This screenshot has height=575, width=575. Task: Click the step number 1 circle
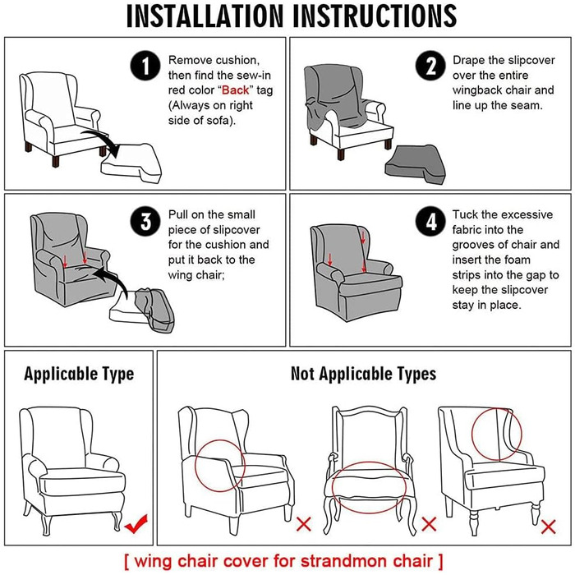[145, 66]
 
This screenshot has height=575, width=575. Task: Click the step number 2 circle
[430, 66]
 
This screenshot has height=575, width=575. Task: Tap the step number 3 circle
[145, 221]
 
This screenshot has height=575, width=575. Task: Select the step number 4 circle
[430, 221]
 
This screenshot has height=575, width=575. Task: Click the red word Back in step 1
[235, 90]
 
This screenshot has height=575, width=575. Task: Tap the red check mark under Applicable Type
[136, 524]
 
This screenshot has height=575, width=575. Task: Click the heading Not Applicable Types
[363, 374]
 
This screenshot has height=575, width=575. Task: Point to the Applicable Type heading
[79, 375]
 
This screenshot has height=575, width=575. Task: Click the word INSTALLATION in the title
[205, 16]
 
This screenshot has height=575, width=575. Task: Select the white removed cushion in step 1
[131, 164]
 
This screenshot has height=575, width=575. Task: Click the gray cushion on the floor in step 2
[416, 164]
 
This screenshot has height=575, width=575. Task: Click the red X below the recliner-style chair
[304, 524]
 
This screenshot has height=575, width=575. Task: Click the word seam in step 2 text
[527, 106]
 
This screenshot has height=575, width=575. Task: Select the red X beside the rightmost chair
[548, 527]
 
